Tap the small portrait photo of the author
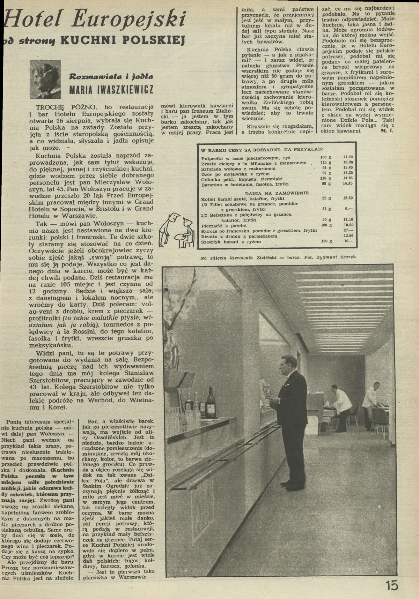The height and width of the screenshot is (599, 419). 45,79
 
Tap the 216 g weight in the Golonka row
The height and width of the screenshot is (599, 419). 326,178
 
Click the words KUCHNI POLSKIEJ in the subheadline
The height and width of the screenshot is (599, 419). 122,41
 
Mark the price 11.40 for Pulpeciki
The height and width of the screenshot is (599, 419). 348,157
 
